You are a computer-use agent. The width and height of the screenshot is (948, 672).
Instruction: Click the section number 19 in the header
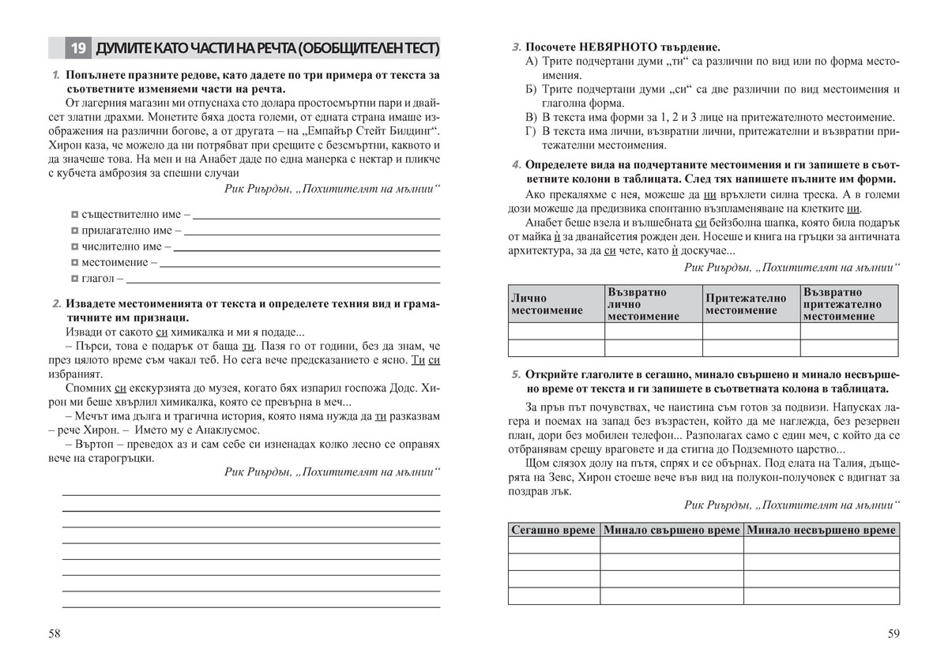point(78,50)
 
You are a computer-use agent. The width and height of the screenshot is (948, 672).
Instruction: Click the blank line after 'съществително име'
point(316,216)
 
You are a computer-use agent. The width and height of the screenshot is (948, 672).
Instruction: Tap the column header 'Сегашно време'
point(553,530)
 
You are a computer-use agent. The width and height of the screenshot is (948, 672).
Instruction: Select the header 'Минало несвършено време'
point(821,530)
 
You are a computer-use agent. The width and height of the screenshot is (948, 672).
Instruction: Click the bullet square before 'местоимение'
point(73,262)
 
